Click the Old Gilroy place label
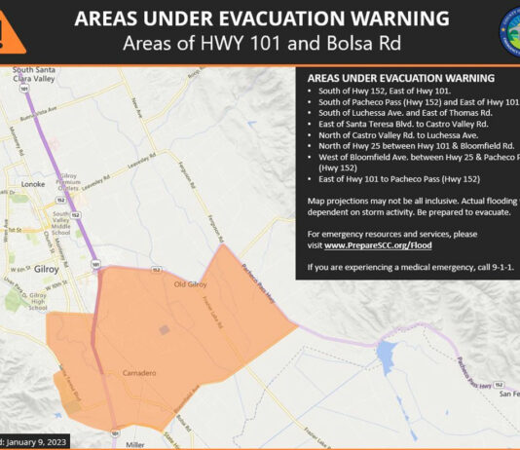pos(193,283)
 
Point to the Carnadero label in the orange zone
pos(140,373)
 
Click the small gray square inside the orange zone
pos(165,330)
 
